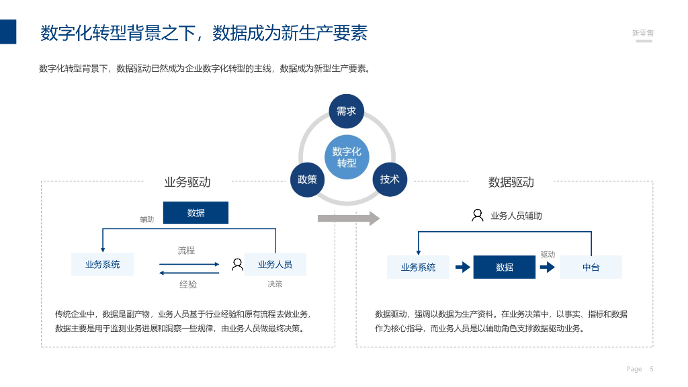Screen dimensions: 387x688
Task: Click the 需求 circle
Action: [x=346, y=112]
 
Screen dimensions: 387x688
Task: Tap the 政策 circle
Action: [x=307, y=179]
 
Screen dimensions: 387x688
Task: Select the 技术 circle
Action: [x=390, y=179]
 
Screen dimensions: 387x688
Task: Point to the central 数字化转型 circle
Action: [x=347, y=157]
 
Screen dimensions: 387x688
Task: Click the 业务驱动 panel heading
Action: [x=187, y=182]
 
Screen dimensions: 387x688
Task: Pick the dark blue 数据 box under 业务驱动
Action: [x=196, y=213]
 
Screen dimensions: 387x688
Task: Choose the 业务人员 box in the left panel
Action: [x=275, y=265]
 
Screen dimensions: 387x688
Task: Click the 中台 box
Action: [x=591, y=267]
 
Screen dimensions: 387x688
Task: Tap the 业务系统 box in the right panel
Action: [x=418, y=267]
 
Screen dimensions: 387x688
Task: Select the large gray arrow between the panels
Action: [x=348, y=218]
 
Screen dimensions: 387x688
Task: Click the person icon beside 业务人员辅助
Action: [x=477, y=216]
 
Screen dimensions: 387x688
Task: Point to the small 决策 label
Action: [x=275, y=284]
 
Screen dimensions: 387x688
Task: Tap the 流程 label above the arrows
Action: [x=186, y=251]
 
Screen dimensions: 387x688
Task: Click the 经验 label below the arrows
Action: [x=188, y=285]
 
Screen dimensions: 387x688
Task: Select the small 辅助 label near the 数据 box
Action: [x=146, y=220]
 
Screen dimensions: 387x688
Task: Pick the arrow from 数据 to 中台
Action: [x=548, y=267]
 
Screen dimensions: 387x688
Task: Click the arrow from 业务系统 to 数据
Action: [x=463, y=267]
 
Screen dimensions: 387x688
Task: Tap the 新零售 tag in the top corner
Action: [x=643, y=33]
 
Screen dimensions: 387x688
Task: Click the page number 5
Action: [x=652, y=369]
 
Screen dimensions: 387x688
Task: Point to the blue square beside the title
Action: [x=8, y=32]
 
